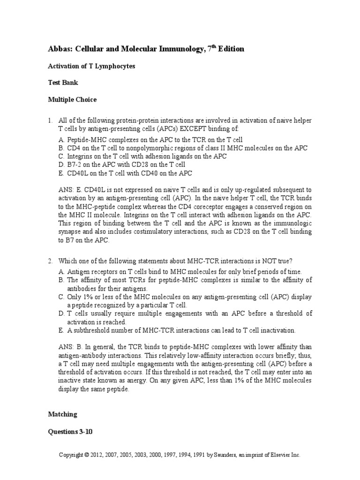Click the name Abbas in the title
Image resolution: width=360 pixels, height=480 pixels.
pyautogui.click(x=60, y=49)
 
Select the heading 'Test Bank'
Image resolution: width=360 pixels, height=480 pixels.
pyautogui.click(x=63, y=82)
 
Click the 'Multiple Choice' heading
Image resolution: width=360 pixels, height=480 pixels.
pyautogui.click(x=72, y=99)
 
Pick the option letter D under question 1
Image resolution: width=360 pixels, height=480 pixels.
pyautogui.click(x=61, y=165)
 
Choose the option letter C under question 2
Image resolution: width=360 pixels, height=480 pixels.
pyautogui.click(x=61, y=297)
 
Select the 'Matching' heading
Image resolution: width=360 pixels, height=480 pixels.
pyautogui.click(x=62, y=414)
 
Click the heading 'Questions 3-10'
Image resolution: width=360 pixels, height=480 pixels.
pyautogui.click(x=70, y=432)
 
